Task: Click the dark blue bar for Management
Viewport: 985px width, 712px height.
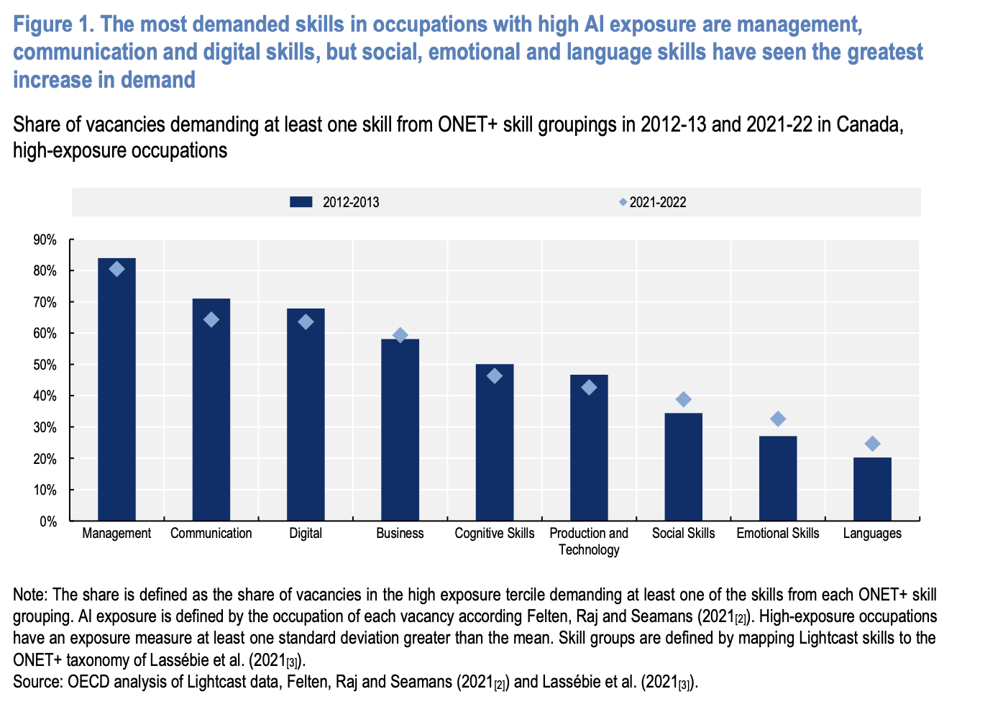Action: coord(116,388)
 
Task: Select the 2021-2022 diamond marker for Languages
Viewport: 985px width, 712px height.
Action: coord(872,444)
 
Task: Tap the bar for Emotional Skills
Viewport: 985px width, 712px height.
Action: coord(778,478)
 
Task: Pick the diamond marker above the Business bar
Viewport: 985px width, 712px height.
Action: coord(400,335)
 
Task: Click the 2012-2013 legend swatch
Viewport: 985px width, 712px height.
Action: coord(301,202)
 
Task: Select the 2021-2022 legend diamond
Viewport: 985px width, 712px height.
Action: coord(623,202)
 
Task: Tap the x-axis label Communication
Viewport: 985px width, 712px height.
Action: coord(211,534)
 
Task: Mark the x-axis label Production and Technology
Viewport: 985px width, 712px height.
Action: coord(589,542)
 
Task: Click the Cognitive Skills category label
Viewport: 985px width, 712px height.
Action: coord(495,534)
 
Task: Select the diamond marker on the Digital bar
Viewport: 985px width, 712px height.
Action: coord(306,321)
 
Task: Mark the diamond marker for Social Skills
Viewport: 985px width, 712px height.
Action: coord(683,399)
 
